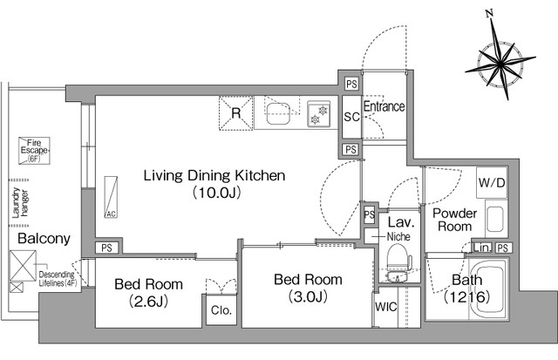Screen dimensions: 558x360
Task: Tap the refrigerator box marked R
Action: coord(235,113)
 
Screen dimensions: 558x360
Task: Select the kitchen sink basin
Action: coord(277,113)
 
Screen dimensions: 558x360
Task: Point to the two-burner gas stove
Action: coord(319,114)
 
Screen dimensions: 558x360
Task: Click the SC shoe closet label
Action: coord(351,117)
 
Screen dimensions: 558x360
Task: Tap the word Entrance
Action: coord(384,106)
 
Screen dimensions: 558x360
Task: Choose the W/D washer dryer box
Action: coord(492,183)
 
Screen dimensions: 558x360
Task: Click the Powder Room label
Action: coord(454,220)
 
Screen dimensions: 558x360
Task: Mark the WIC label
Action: coord(385,307)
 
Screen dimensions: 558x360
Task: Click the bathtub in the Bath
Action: coord(487,289)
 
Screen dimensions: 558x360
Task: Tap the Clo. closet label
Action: coord(221,310)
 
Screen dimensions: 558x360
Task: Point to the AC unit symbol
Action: coord(111,197)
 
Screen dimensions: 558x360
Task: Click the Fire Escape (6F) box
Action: coord(34,151)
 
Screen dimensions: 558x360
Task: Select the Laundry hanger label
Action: coord(20,202)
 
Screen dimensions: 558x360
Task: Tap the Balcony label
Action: coord(44,238)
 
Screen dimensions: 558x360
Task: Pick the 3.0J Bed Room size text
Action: coord(308,296)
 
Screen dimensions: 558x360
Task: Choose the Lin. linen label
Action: coord(482,248)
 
